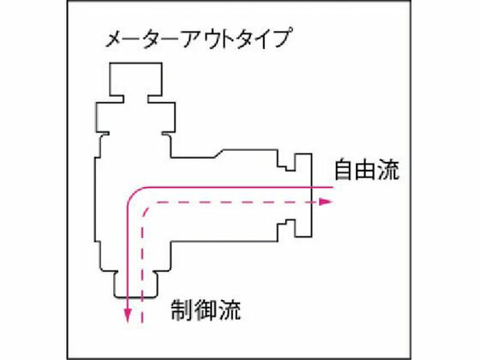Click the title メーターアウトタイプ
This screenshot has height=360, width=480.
click(x=198, y=39)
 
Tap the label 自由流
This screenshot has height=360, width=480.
click(x=367, y=170)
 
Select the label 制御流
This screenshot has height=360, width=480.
click(x=206, y=310)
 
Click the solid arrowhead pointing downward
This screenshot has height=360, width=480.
click(x=128, y=315)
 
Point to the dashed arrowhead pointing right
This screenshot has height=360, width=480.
click(x=326, y=201)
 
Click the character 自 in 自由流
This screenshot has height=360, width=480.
click(x=343, y=170)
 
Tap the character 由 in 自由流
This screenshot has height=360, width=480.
click(x=367, y=170)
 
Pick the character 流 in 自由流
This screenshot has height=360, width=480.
click(x=389, y=170)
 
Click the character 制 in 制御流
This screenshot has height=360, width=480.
click(x=182, y=310)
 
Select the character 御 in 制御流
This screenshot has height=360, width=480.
click(x=206, y=310)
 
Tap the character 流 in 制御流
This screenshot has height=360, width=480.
click(x=231, y=310)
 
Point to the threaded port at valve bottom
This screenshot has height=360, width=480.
click(x=135, y=284)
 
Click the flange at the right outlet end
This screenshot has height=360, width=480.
click(x=303, y=195)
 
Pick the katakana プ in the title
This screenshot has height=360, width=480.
click(x=279, y=38)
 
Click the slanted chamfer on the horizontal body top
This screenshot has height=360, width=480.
click(x=219, y=153)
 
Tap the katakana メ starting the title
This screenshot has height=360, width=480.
click(x=115, y=39)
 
